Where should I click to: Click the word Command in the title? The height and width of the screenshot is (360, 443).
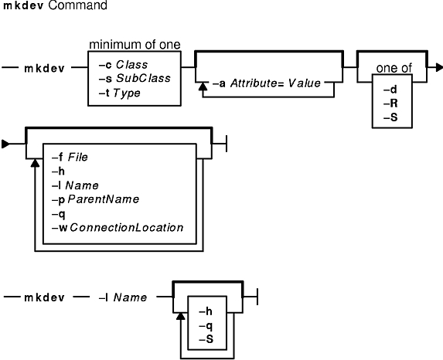click(x=77, y=5)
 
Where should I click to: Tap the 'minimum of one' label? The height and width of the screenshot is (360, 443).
click(x=135, y=45)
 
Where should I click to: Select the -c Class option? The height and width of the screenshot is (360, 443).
click(x=123, y=65)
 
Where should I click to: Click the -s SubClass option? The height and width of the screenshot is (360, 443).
click(x=135, y=78)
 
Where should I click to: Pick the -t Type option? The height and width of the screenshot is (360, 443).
click(x=120, y=93)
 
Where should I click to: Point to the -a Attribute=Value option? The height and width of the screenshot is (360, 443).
click(x=267, y=83)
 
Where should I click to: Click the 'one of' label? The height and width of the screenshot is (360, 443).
click(x=394, y=68)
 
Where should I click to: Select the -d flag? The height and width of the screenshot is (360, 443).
click(x=390, y=90)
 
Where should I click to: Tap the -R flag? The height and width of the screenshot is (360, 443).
click(x=390, y=104)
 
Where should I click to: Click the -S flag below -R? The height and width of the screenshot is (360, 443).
click(x=390, y=117)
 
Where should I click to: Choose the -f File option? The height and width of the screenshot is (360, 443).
click(x=70, y=158)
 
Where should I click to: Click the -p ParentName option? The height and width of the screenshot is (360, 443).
click(x=96, y=199)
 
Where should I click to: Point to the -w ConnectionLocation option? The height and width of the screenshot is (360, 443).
click(x=118, y=228)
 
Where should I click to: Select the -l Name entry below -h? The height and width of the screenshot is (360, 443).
click(x=75, y=185)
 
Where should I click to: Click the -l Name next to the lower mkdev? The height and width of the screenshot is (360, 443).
click(x=123, y=297)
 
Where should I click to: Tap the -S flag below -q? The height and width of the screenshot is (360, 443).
click(x=206, y=339)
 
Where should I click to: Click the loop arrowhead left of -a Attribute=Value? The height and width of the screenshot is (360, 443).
click(x=203, y=87)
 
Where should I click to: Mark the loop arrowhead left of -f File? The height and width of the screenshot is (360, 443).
click(x=35, y=162)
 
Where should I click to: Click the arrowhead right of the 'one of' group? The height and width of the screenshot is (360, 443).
click(x=439, y=68)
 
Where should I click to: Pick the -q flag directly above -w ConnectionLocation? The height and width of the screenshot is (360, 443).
click(x=59, y=214)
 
